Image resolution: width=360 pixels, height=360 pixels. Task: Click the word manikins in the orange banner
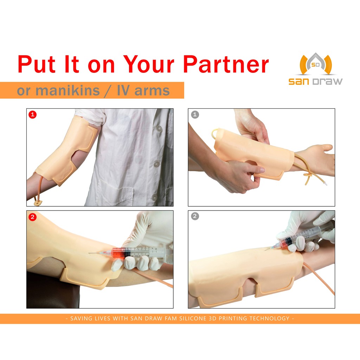pyautogui.click(x=68, y=90)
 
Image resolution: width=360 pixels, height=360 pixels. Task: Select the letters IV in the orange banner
pyautogui.click(x=123, y=90)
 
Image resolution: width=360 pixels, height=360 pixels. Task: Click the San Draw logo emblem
pyautogui.click(x=316, y=64)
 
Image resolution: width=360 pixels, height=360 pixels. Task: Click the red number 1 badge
pyautogui.click(x=33, y=114)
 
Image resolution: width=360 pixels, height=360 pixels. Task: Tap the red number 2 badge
pyautogui.click(x=33, y=217)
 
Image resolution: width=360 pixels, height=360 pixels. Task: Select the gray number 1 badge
pyautogui.click(x=195, y=114)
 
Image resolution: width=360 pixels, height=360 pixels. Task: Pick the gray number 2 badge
pyautogui.click(x=195, y=216)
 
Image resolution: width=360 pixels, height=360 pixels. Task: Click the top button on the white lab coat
pyautogui.click(x=159, y=129)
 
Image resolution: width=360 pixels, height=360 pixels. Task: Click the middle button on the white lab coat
pyautogui.click(x=157, y=164)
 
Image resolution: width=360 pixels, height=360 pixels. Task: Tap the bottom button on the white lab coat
pyautogui.click(x=155, y=198)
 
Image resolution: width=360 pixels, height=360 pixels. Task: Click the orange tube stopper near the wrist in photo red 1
pyautogui.click(x=38, y=203)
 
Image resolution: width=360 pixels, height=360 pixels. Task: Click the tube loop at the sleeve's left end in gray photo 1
pyautogui.click(x=214, y=133)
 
